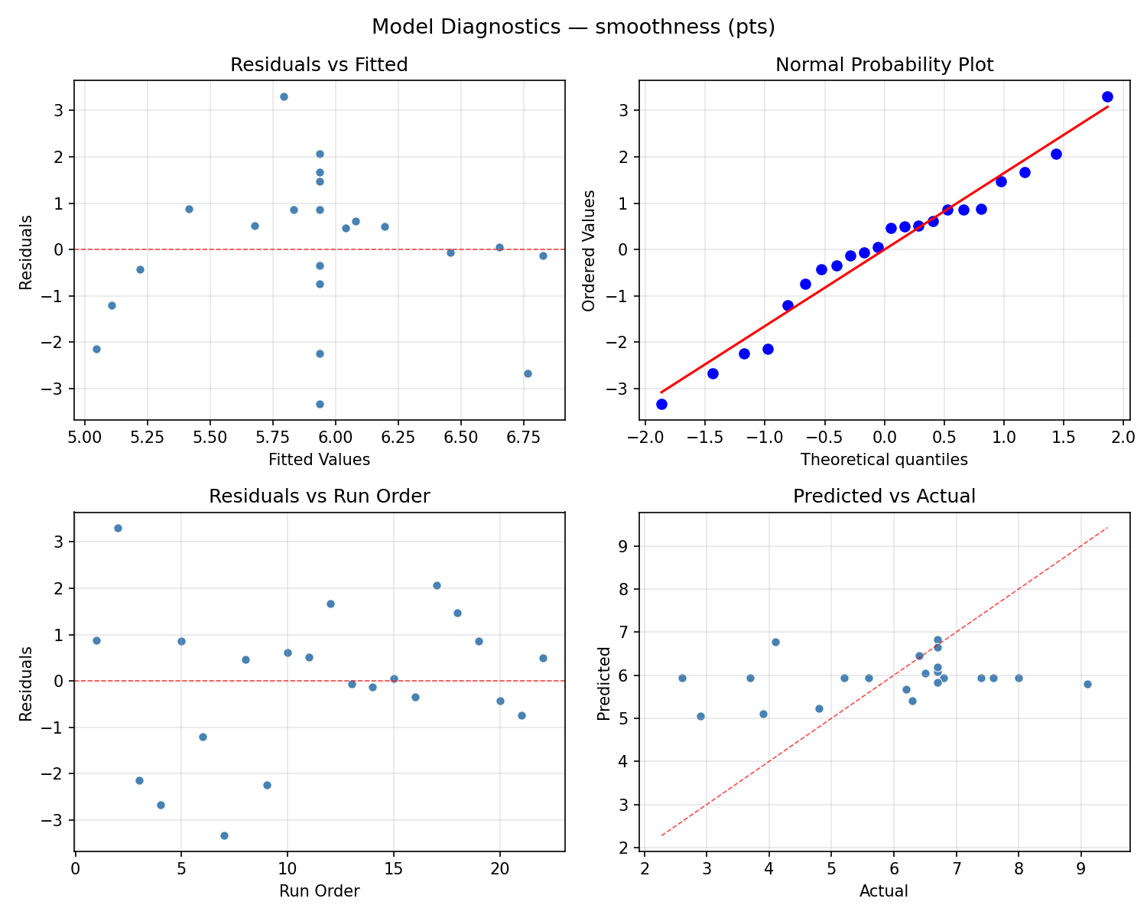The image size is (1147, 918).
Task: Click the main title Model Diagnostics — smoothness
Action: coord(573,27)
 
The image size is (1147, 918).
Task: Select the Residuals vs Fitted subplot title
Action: coord(319,65)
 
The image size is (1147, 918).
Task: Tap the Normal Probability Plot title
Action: coord(884,65)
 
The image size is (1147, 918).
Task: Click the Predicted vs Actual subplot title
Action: coord(884,496)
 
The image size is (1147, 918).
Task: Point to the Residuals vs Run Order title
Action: coord(319,496)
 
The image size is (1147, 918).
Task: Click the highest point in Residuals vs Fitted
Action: coord(284,96)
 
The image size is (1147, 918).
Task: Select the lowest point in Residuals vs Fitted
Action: coord(320,404)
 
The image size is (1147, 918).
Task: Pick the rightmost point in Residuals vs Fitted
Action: coord(543,256)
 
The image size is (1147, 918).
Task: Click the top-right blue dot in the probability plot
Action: coord(1107,96)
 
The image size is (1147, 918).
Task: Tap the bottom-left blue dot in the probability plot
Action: coord(661,404)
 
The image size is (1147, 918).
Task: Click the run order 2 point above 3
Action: coord(118,528)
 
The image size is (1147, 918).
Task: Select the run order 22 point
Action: coord(543,658)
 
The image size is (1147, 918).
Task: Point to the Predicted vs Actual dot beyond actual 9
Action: coord(1087,684)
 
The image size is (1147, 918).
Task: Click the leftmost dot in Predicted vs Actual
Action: coord(682,678)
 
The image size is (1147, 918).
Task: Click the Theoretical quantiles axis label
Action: coord(884,460)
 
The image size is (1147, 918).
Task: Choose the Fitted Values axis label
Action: coord(319,460)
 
